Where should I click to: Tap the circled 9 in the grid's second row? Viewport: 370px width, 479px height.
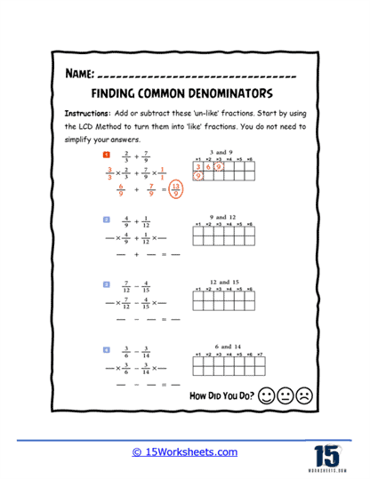coord(198,177)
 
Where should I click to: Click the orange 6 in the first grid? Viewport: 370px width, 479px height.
coord(208,166)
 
